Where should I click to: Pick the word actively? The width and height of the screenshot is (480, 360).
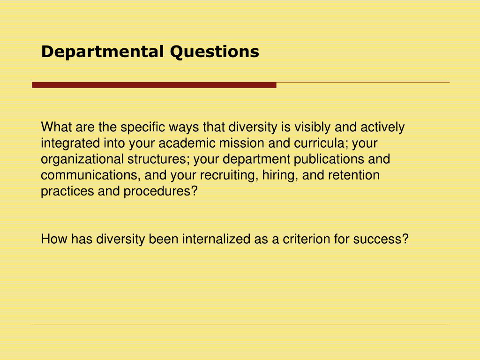point(383,127)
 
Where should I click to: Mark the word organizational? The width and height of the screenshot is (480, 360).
point(82,159)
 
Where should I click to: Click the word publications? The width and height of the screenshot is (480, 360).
point(328,159)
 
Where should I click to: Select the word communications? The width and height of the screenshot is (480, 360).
point(91,175)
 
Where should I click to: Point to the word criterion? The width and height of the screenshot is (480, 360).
point(306,239)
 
